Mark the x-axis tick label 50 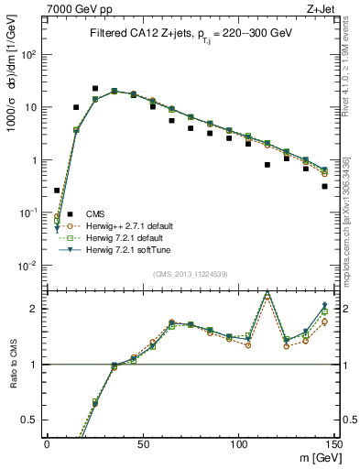[x=141, y=443]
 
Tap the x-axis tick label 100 [x=237, y=443]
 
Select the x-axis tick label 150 [x=333, y=443]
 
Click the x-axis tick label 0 [x=47, y=443]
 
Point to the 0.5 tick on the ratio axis [x=33, y=420]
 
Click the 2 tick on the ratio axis [x=37, y=309]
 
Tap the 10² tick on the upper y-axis [x=30, y=54]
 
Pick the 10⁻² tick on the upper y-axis [x=30, y=266]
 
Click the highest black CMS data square [x=95, y=89]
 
